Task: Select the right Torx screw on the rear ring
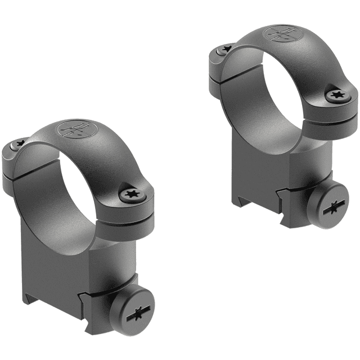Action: tap(338, 96)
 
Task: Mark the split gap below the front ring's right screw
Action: tap(132, 217)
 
